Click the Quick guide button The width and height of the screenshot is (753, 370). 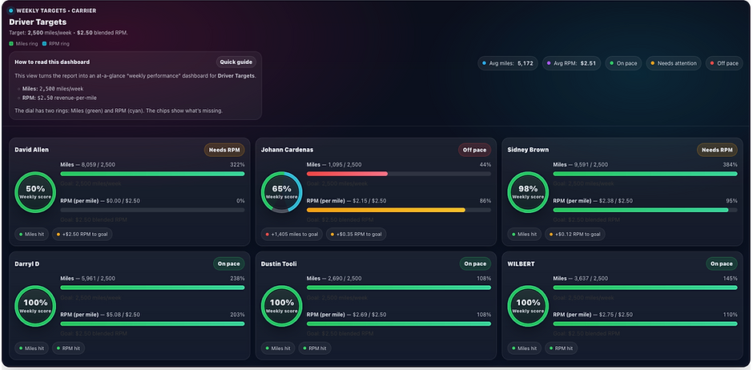pyautogui.click(x=236, y=62)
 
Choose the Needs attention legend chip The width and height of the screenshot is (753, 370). pyautogui.click(x=675, y=62)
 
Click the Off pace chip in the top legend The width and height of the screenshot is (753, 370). pyautogui.click(x=725, y=62)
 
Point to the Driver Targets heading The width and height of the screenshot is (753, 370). pyautogui.click(x=38, y=22)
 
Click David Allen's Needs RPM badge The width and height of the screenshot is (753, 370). pyautogui.click(x=224, y=149)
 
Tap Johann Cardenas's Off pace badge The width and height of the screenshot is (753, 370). pyautogui.click(x=474, y=149)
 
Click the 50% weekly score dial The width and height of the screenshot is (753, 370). pyautogui.click(x=35, y=193)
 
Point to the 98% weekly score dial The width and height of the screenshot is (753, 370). pyautogui.click(x=528, y=193)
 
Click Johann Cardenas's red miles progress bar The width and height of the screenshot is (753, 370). pyautogui.click(x=347, y=173)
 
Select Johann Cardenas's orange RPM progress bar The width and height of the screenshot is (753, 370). pyautogui.click(x=385, y=210)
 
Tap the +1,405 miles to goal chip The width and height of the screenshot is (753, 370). pyautogui.click(x=291, y=235)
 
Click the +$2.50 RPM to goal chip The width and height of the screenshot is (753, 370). pyautogui.click(x=84, y=235)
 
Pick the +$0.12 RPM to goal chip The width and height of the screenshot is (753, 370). pyautogui.click(x=575, y=235)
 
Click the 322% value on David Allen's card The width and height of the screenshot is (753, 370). pyautogui.click(x=237, y=164)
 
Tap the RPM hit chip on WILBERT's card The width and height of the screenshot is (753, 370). pyautogui.click(x=561, y=348)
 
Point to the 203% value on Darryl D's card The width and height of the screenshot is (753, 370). pyautogui.click(x=237, y=315)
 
